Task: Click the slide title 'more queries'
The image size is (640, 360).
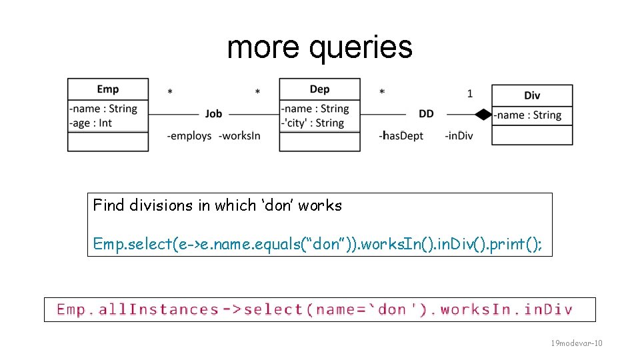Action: pos(319,47)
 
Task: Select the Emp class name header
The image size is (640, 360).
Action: pos(107,89)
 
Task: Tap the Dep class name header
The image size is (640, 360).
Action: pos(319,89)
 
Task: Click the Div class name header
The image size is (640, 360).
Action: pos(532,95)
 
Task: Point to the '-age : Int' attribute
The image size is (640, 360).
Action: pos(91,123)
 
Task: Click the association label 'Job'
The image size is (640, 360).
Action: pos(213,114)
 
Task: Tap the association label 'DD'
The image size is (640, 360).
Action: pos(426,114)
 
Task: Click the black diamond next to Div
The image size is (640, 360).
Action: pos(483,115)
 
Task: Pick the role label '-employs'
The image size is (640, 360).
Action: pos(189,136)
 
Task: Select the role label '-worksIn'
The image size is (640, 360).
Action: pos(239,136)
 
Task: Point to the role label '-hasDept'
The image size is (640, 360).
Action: pos(401,136)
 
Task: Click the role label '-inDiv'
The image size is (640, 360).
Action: pos(459,136)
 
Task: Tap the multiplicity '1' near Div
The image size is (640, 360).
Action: pos(469,94)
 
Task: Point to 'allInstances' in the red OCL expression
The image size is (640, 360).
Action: pos(159,309)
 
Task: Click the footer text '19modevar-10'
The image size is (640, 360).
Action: pos(576,343)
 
